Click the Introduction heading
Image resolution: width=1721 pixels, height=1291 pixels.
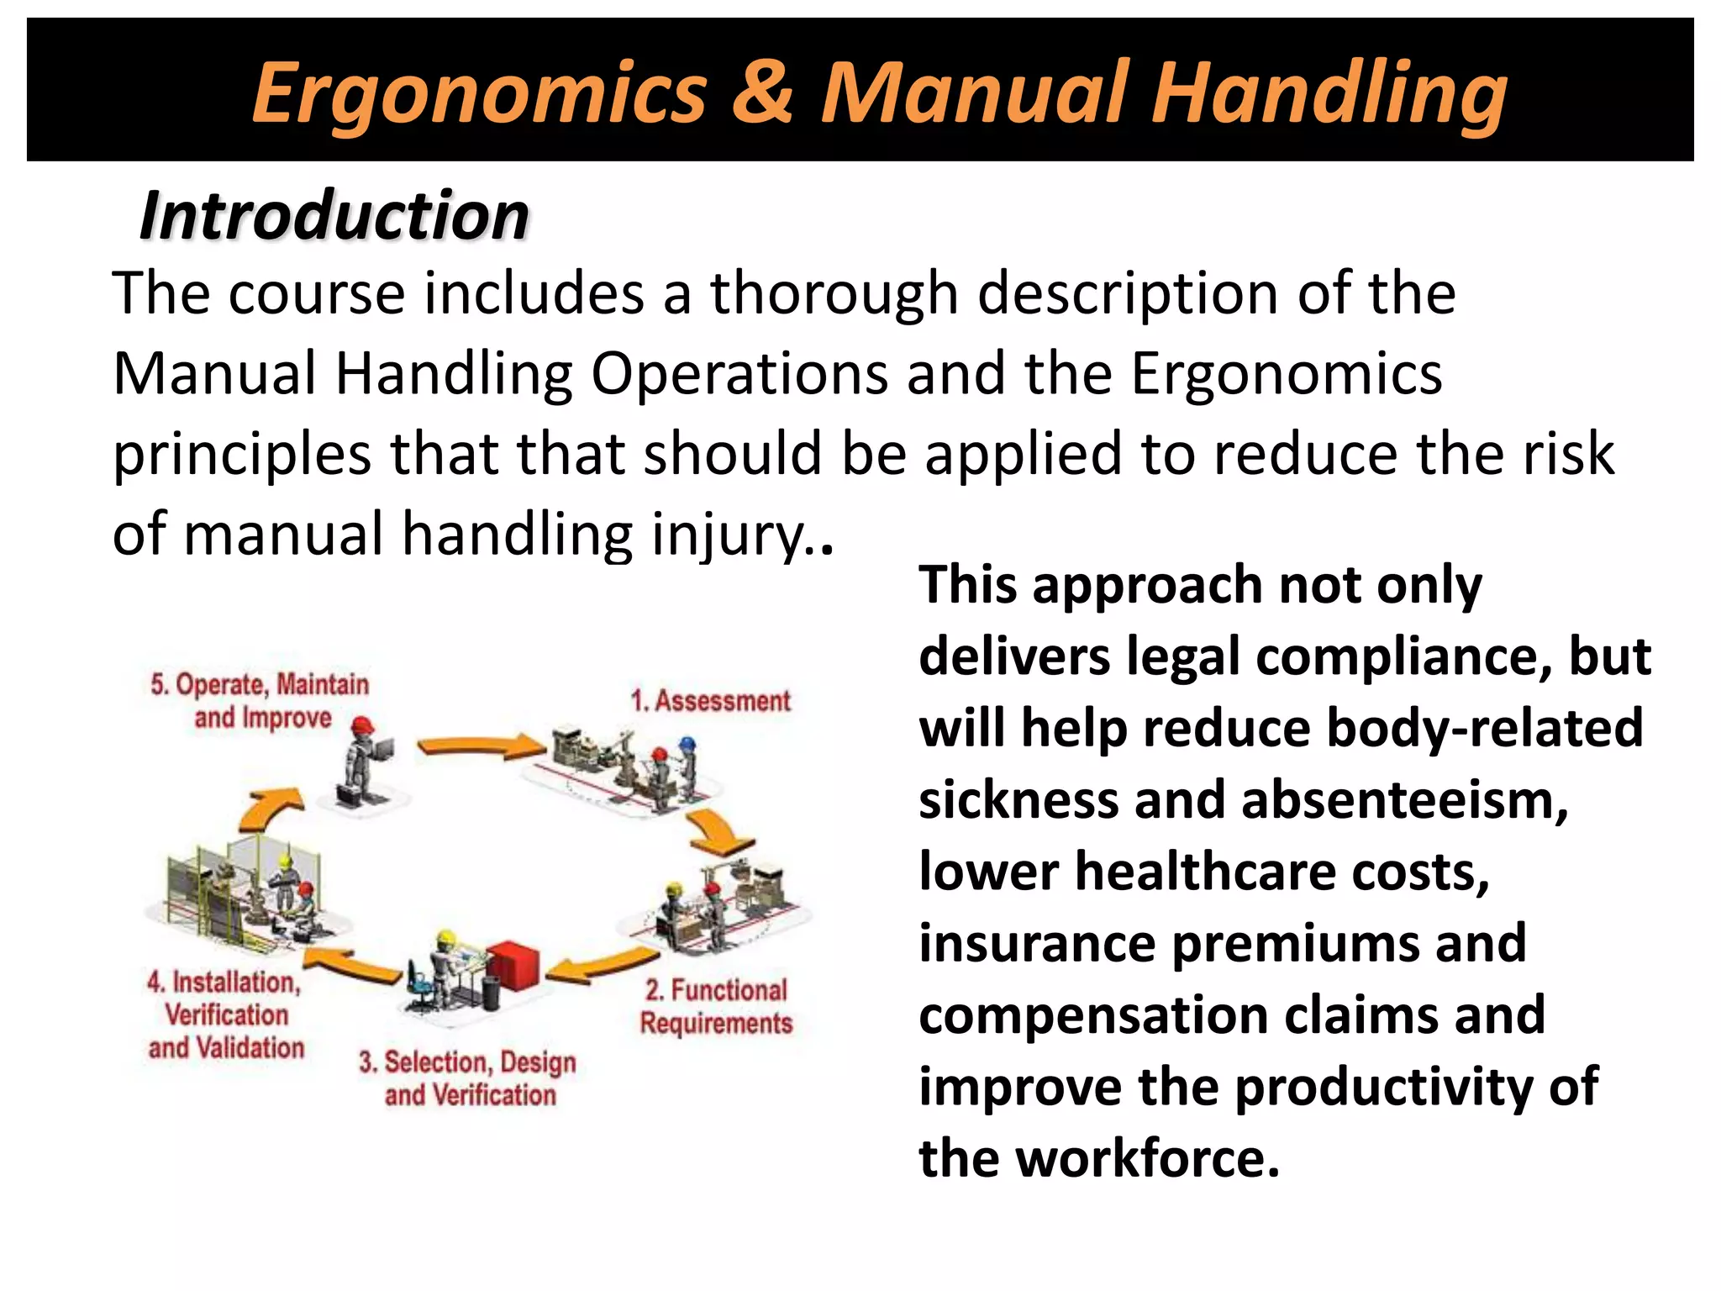(x=334, y=215)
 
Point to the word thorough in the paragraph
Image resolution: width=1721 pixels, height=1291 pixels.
(x=834, y=293)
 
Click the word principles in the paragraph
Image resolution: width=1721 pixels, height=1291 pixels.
(x=242, y=454)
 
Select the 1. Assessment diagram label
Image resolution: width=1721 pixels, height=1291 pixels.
(x=711, y=700)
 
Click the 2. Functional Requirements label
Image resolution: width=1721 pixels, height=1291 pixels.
(x=716, y=1006)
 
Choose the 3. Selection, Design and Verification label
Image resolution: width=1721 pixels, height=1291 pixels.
(x=469, y=1078)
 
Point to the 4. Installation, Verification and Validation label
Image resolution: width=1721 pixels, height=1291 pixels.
(x=225, y=1014)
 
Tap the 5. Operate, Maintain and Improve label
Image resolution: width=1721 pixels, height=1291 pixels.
(x=261, y=700)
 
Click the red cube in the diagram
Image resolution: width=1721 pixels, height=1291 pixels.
(x=513, y=967)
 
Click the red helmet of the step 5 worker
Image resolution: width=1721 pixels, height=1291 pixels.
(x=362, y=725)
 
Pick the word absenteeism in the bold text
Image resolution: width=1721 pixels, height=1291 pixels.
(x=1404, y=799)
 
